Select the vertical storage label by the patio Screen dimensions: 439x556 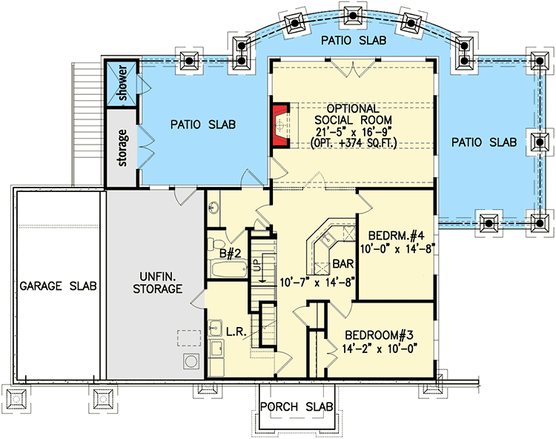(x=123, y=148)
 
